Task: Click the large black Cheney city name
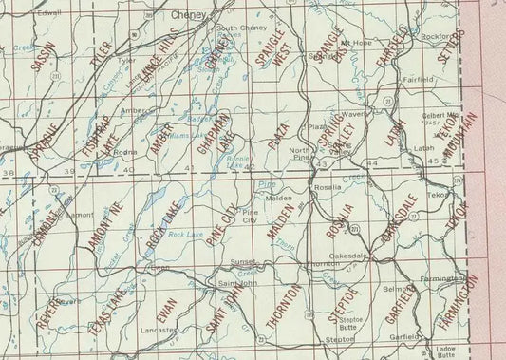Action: [x=195, y=16]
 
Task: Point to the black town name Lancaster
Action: [x=159, y=330]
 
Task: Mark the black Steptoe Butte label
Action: [x=349, y=323]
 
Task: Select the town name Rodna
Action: [x=120, y=152]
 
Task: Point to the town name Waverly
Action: [x=355, y=115]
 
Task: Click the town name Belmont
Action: [x=394, y=288]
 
